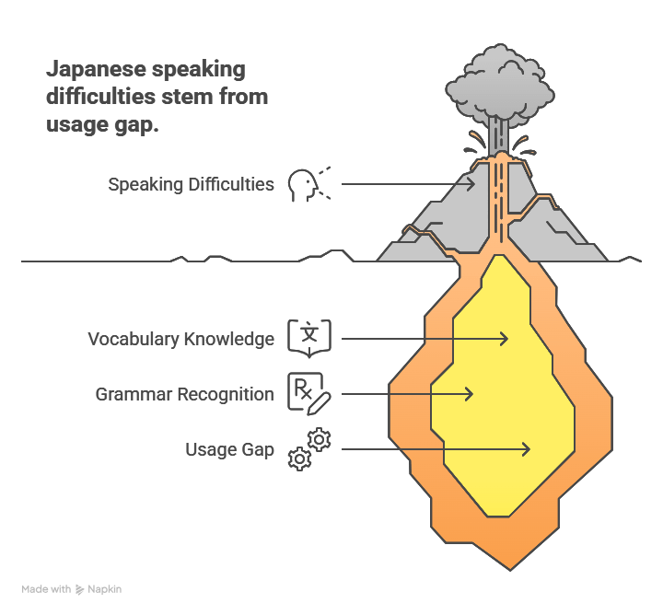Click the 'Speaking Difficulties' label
coord(191,184)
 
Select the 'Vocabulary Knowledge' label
coord(180,339)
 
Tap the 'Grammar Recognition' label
coord(184,394)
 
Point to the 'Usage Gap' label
coord(229,449)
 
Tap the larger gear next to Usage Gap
coord(320,439)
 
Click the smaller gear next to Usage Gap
coord(299,458)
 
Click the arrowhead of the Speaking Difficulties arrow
coord(472,183)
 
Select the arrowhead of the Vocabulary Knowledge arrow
coord(505,339)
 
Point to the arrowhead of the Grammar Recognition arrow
coord(470,394)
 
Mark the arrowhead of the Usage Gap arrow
coord(527,449)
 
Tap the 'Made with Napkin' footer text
coord(72,588)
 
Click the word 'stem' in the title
coord(190,98)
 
